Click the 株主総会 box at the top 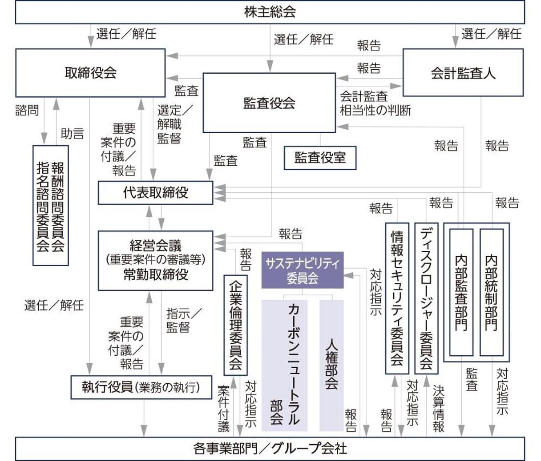point(270,12)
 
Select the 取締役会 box point(90,73)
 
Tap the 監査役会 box point(269,103)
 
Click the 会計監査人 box point(463,73)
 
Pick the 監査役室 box point(320,158)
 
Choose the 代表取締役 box point(155,193)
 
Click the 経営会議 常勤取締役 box point(155,260)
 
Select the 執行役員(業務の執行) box point(141,387)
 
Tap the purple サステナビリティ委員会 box point(303,270)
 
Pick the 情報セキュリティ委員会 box point(397,298)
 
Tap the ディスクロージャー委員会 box point(426,298)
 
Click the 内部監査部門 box point(461,292)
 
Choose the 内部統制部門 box point(491,292)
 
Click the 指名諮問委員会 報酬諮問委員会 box point(50,206)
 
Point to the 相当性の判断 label point(375,110)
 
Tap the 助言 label point(72,133)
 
